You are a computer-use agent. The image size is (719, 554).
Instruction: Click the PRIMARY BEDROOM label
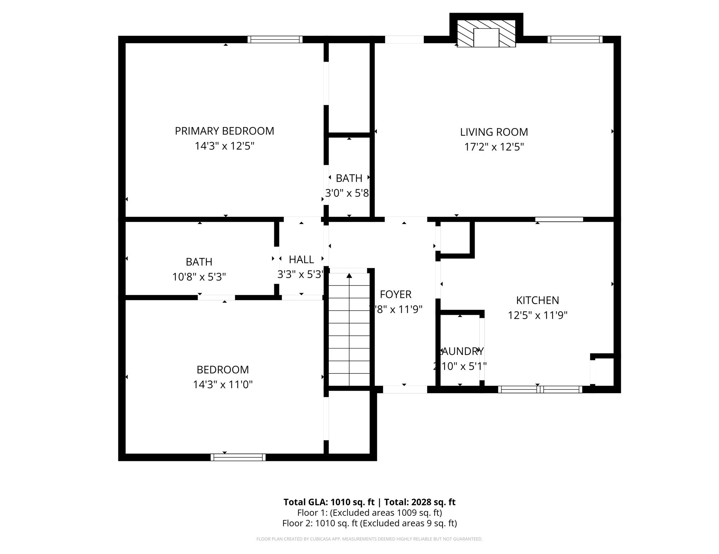point(224,131)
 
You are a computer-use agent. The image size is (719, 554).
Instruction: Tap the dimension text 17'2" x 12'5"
point(494,147)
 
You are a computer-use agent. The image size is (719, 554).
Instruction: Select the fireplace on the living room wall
point(486,34)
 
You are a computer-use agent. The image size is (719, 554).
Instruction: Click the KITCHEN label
point(537,300)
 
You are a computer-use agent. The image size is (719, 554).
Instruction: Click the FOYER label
point(395,294)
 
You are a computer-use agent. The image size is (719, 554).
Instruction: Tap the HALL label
point(301,259)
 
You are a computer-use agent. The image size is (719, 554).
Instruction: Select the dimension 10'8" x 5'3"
point(199,277)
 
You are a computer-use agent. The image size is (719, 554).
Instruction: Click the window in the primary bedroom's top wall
point(275,39)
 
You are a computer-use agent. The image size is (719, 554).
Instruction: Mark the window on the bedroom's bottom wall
point(238,457)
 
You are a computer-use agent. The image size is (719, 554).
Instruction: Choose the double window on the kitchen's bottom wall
point(540,389)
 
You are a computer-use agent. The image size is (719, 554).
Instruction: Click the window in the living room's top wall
point(575,39)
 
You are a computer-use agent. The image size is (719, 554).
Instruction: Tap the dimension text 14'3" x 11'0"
point(222,384)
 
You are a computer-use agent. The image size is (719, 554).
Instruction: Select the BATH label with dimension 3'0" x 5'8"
point(349,178)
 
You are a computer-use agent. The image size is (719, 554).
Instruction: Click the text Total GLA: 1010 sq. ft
point(329,502)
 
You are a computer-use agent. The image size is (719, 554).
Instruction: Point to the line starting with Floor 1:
point(369,513)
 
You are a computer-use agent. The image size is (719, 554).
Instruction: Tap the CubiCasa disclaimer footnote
point(369,539)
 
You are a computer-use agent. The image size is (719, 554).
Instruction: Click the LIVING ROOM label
point(494,132)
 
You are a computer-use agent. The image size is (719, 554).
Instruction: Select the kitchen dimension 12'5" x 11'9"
point(537,315)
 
